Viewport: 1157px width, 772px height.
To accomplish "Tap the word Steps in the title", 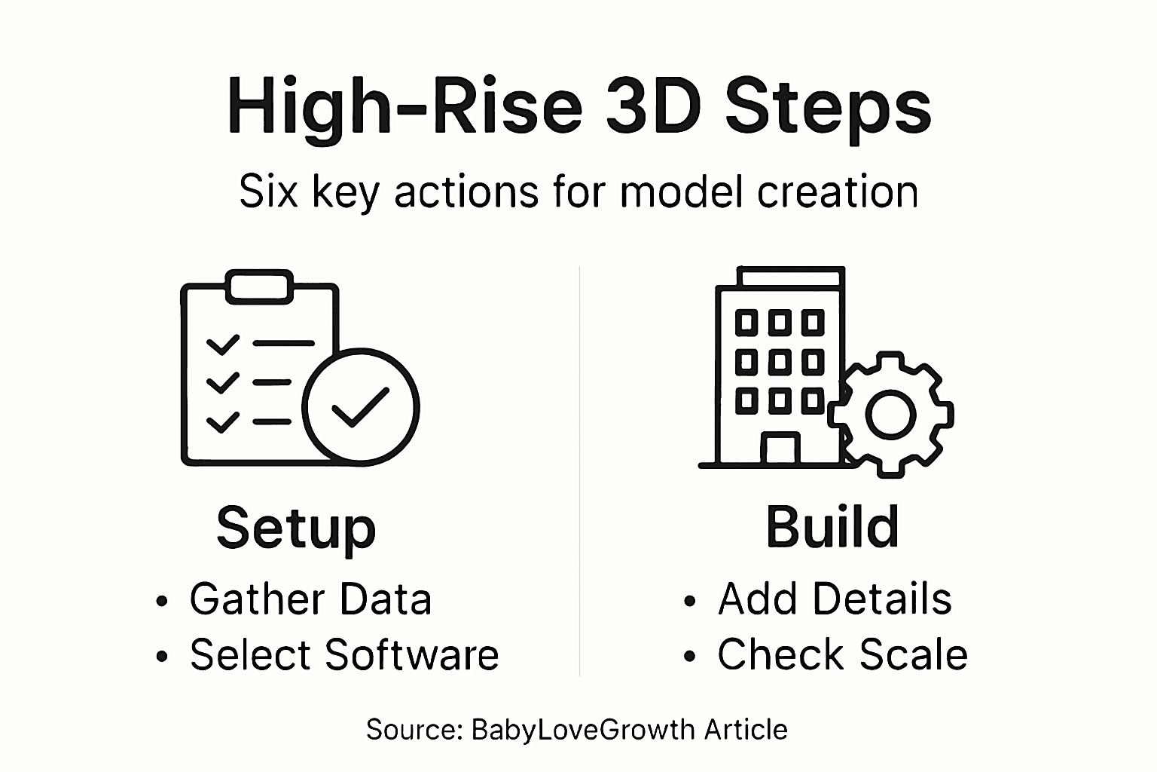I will pos(828,106).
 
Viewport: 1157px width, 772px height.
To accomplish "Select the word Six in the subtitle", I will pos(267,191).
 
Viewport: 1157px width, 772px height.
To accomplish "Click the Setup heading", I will pos(296,528).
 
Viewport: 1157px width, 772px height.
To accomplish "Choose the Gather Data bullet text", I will pos(310,599).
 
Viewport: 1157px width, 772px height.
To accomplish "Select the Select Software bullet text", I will pos(344,654).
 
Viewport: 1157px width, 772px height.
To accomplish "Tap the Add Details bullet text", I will pos(835,599).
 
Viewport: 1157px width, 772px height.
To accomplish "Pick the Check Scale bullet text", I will pos(842,654).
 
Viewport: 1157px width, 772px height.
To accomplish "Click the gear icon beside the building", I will pos(891,414).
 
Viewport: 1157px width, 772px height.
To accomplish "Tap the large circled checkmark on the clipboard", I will pos(361,407).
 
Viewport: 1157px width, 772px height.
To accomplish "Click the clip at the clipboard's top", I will pos(258,286).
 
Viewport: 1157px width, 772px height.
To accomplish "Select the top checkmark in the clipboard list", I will pos(222,345).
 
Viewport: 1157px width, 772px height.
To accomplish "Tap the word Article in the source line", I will pos(746,730).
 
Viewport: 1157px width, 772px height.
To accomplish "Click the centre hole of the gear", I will pos(891,414).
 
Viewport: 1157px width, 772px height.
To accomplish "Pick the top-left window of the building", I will pos(746,323).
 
